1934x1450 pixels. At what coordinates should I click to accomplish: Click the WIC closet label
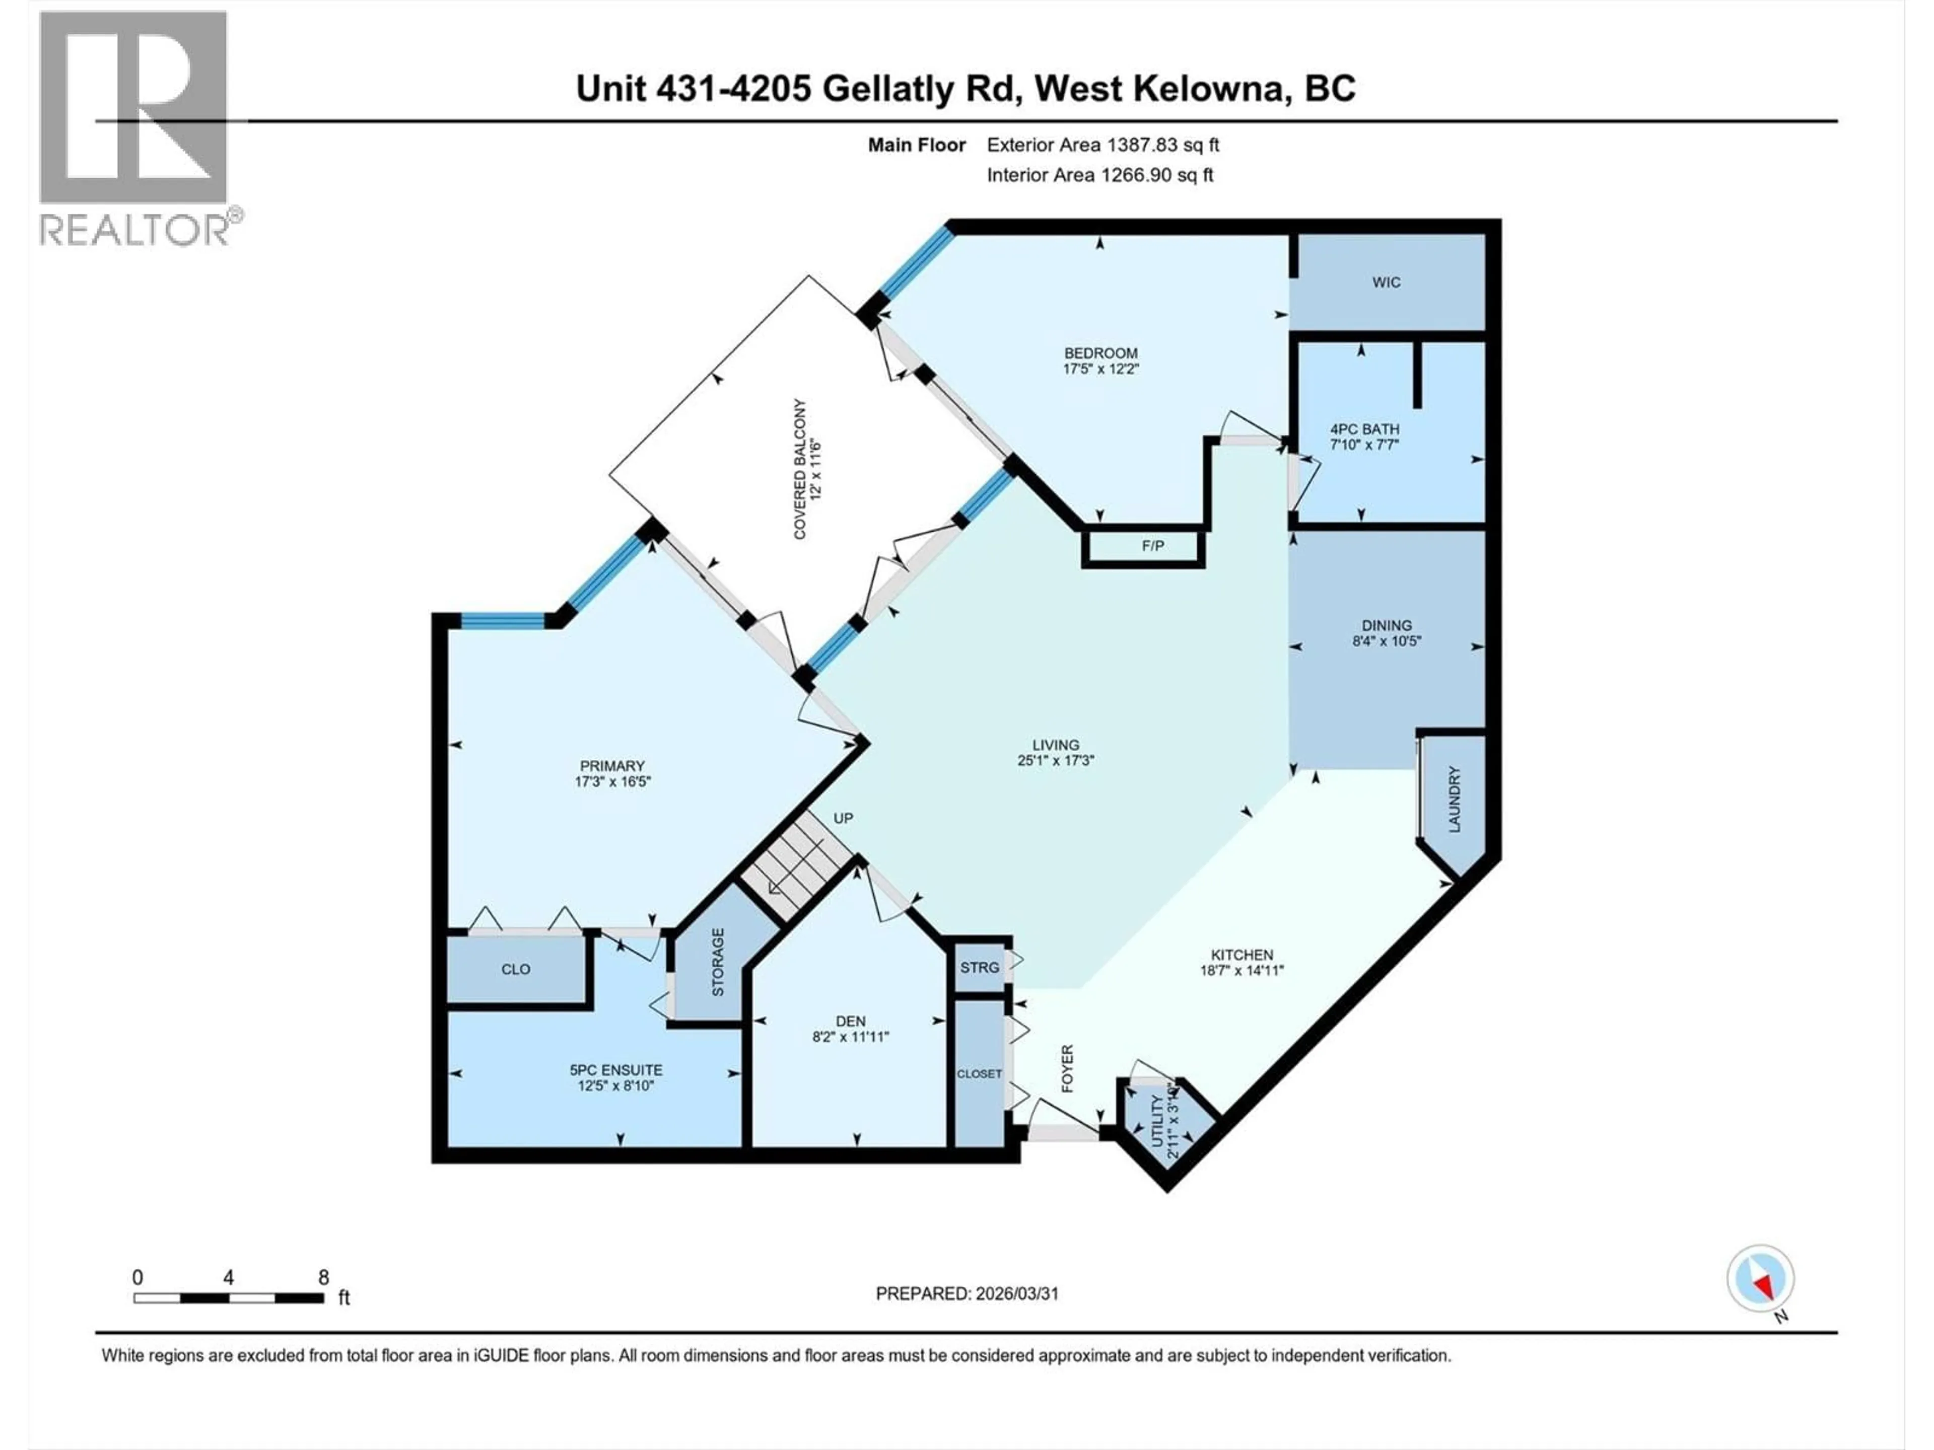pyautogui.click(x=1386, y=282)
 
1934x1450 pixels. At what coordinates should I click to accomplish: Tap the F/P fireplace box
pyautogui.click(x=1152, y=546)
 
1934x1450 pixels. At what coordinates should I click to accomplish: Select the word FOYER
pyautogui.click(x=1067, y=1068)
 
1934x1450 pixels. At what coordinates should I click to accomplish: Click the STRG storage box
pyautogui.click(x=979, y=968)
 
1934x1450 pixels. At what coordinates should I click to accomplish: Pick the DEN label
pyautogui.click(x=850, y=1021)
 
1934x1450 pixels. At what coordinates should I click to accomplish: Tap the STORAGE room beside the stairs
pyautogui.click(x=717, y=962)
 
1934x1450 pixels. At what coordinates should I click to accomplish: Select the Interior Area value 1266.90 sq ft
pyautogui.click(x=1156, y=175)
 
